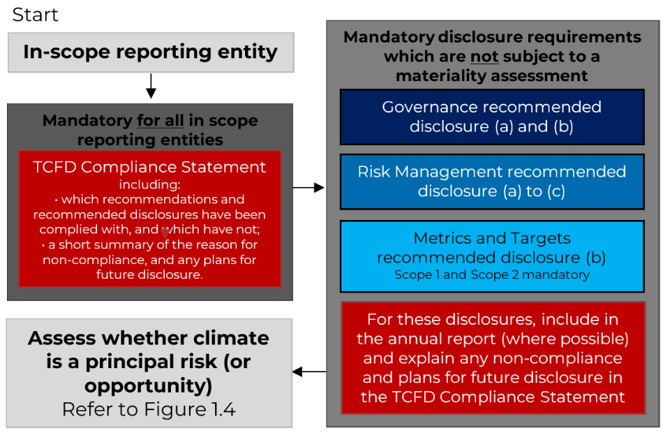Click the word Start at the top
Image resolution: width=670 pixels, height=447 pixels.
point(35,15)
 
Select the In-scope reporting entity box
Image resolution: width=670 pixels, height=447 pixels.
point(151,52)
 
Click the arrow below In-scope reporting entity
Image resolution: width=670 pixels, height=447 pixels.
point(151,86)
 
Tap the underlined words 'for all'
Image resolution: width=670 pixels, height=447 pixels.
point(161,121)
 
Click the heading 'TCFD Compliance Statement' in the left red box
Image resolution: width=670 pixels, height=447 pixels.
point(149,167)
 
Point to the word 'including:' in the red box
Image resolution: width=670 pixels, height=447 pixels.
point(149,184)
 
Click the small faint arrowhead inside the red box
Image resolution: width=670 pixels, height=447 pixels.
point(165,233)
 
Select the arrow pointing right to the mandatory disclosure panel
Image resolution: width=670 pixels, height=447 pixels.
point(308,187)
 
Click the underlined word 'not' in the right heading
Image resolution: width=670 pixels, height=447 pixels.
point(484,57)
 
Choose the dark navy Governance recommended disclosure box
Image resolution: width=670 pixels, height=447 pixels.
point(492,117)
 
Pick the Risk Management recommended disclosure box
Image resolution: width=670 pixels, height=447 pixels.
point(492,182)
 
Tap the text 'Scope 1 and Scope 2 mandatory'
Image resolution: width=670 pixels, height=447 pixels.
point(492,274)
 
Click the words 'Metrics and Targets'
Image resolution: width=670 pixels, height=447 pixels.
point(492,238)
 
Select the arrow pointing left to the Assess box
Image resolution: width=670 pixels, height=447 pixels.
point(309,372)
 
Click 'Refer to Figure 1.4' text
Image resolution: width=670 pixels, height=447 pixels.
point(149,409)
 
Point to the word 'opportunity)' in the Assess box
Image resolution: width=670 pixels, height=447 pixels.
point(148,386)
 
